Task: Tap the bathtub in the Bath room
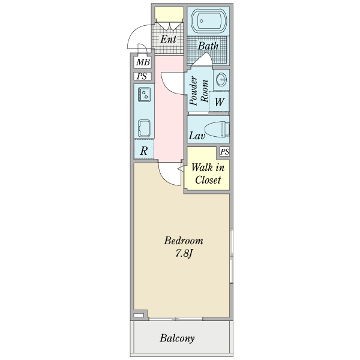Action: (208, 23)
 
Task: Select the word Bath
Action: (208, 46)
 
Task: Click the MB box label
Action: (143, 62)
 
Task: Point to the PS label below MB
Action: (142, 76)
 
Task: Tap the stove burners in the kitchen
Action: (145, 94)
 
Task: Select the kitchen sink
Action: (145, 128)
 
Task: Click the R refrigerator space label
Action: (144, 151)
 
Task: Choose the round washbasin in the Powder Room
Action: (221, 79)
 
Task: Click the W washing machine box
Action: (219, 101)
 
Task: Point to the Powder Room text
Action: (199, 92)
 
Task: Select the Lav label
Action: (197, 136)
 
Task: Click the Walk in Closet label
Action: (208, 173)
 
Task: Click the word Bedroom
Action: (184, 241)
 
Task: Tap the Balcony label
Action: (177, 338)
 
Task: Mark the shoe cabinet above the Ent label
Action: (169, 13)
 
